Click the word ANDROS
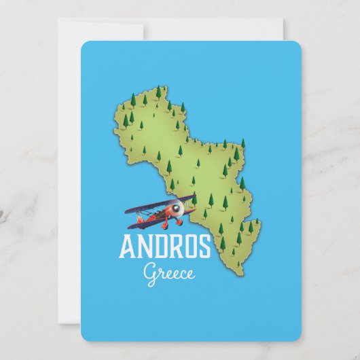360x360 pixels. pos(165,248)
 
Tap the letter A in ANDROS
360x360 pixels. pos(127,248)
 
